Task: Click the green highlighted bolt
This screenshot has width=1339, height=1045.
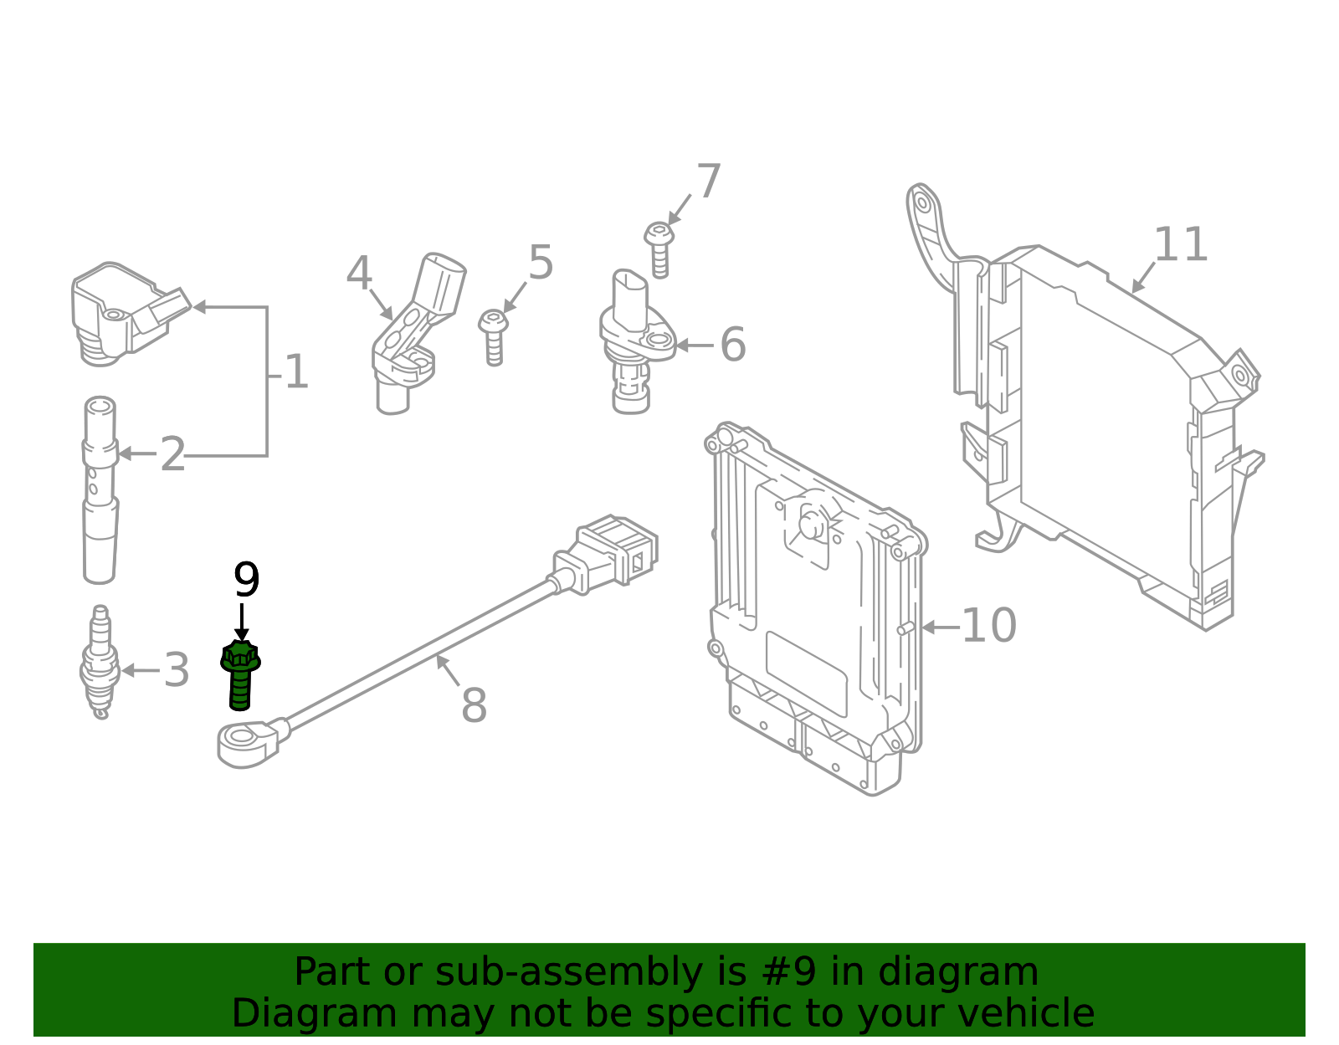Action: coord(240,674)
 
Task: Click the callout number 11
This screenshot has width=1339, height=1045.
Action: coord(1180,245)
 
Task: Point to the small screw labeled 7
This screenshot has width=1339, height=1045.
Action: coord(659,247)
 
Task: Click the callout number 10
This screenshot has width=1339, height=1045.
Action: coord(988,626)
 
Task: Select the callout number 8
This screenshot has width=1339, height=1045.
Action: coord(474,705)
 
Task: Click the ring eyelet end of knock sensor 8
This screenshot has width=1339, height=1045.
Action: coord(244,740)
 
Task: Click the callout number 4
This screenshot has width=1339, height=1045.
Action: coord(359,274)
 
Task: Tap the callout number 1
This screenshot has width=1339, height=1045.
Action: coord(296,372)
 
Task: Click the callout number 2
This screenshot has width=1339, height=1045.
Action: coord(172,454)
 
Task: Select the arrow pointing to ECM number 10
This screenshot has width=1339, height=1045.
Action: coord(937,627)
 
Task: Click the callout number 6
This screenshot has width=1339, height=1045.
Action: coord(732,345)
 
